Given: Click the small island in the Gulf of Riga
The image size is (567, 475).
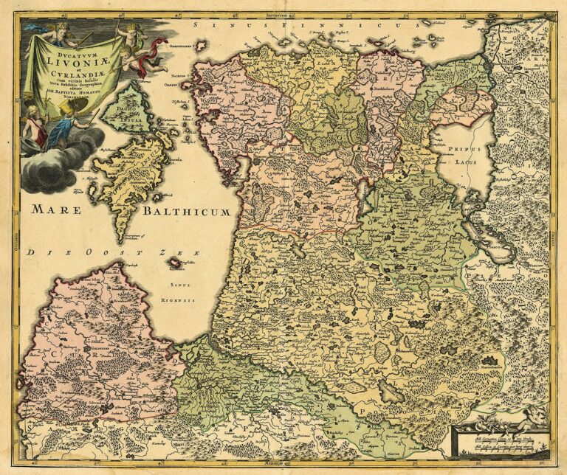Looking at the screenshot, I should pyautogui.click(x=175, y=263).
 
